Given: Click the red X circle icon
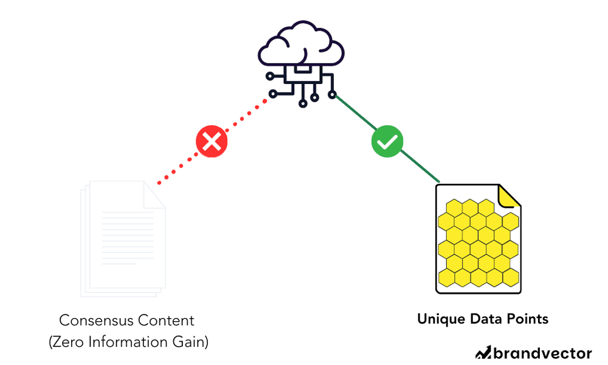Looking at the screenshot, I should point(211,143).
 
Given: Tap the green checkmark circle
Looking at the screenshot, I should point(387,142).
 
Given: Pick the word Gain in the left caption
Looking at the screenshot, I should point(190,342).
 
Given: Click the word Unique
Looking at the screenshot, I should point(437,319).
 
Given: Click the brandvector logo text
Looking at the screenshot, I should point(542,353).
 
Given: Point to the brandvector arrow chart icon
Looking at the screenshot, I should point(483,352).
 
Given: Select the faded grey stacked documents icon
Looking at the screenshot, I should point(122,237).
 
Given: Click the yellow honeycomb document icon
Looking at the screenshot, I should point(478,240).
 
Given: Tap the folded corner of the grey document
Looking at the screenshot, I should point(154,193).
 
